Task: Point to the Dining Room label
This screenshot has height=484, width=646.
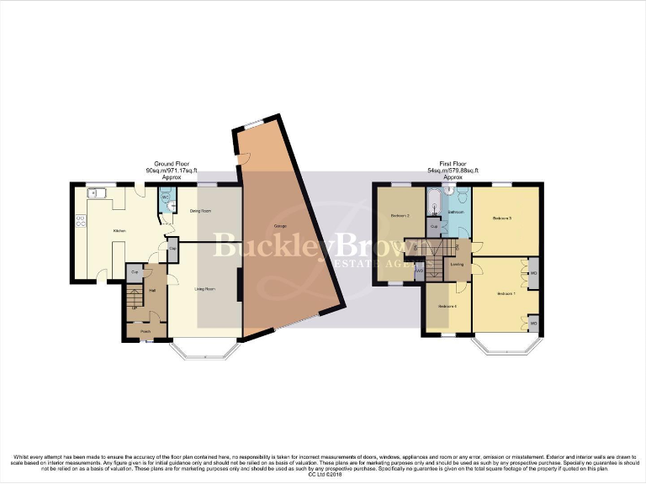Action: coord(200,211)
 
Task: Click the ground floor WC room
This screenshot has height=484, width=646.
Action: coord(167,200)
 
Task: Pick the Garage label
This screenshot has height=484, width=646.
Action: coord(279,228)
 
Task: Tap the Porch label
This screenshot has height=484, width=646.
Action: coord(145,331)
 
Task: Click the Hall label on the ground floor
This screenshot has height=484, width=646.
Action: coord(152,291)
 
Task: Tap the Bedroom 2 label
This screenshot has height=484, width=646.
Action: coord(400,217)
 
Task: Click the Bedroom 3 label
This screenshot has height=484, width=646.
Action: coord(502,218)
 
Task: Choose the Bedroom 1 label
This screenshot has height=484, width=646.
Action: coord(505,294)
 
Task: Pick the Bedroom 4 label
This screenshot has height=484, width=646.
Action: coord(447,305)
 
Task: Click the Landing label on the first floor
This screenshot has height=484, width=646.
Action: coord(457,265)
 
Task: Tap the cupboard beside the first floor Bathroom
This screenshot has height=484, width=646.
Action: coord(434,227)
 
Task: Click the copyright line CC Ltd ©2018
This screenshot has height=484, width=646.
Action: coord(323,475)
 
